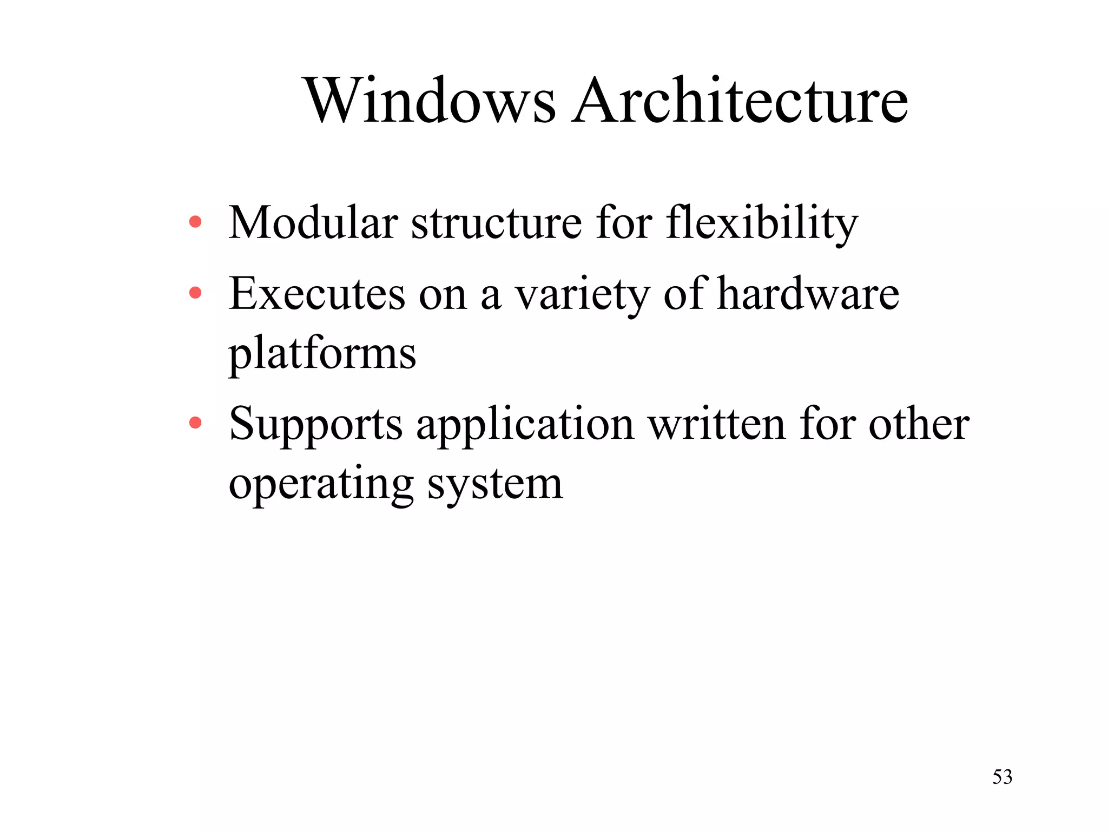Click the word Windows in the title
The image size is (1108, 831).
click(431, 101)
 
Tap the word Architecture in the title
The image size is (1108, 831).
click(741, 101)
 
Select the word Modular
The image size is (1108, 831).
click(313, 222)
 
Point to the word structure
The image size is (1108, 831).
click(496, 222)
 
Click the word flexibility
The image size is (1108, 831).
click(762, 223)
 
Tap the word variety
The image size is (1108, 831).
click(582, 295)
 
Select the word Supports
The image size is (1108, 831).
click(316, 425)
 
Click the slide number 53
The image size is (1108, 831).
click(1002, 777)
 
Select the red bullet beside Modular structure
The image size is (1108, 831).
click(195, 221)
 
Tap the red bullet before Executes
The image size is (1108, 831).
click(195, 293)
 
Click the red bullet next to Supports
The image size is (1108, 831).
click(195, 423)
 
